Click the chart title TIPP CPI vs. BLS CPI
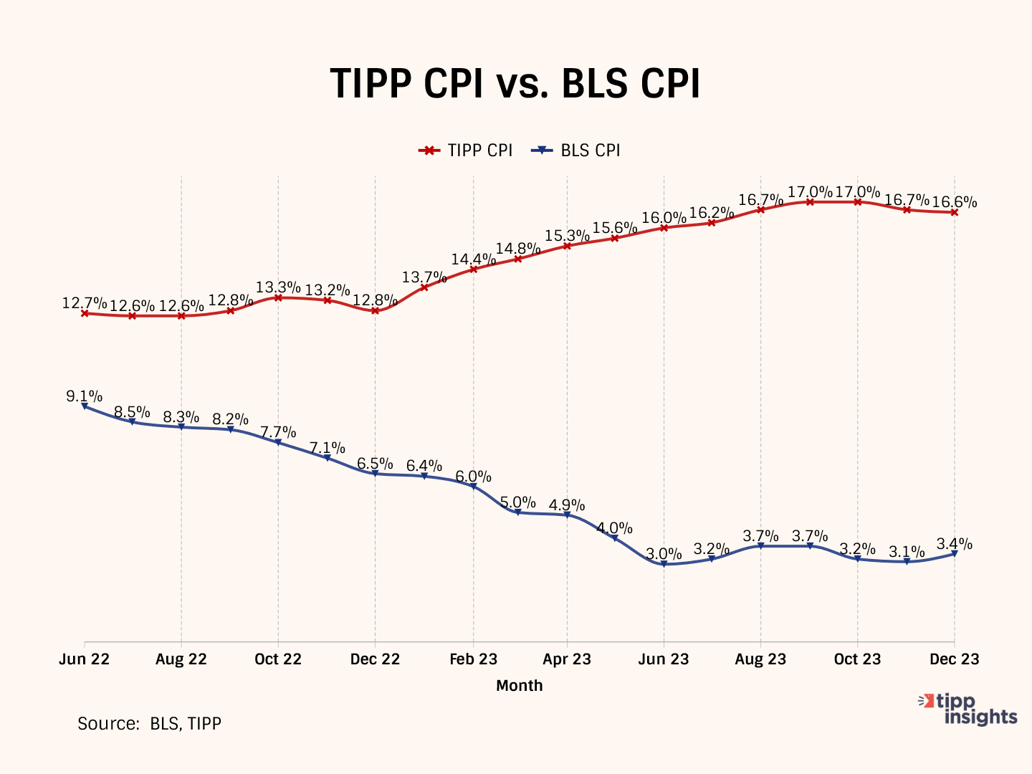click(515, 84)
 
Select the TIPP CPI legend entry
click(467, 150)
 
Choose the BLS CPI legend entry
click(576, 150)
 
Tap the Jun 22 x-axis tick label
click(85, 659)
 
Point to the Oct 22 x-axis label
click(278, 659)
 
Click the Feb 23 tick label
click(473, 659)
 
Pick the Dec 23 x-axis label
click(954, 659)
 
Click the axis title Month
click(520, 686)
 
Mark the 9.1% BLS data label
click(85, 396)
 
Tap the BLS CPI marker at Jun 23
click(664, 564)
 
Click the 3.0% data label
click(664, 554)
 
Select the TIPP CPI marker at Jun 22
click(85, 313)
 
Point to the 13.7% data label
click(424, 277)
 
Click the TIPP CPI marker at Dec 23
click(954, 212)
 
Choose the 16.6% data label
click(954, 202)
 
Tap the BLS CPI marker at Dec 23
click(954, 553)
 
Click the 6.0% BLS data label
click(474, 477)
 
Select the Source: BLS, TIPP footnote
click(149, 724)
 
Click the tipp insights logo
click(968, 709)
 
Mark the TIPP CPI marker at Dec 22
click(375, 310)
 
